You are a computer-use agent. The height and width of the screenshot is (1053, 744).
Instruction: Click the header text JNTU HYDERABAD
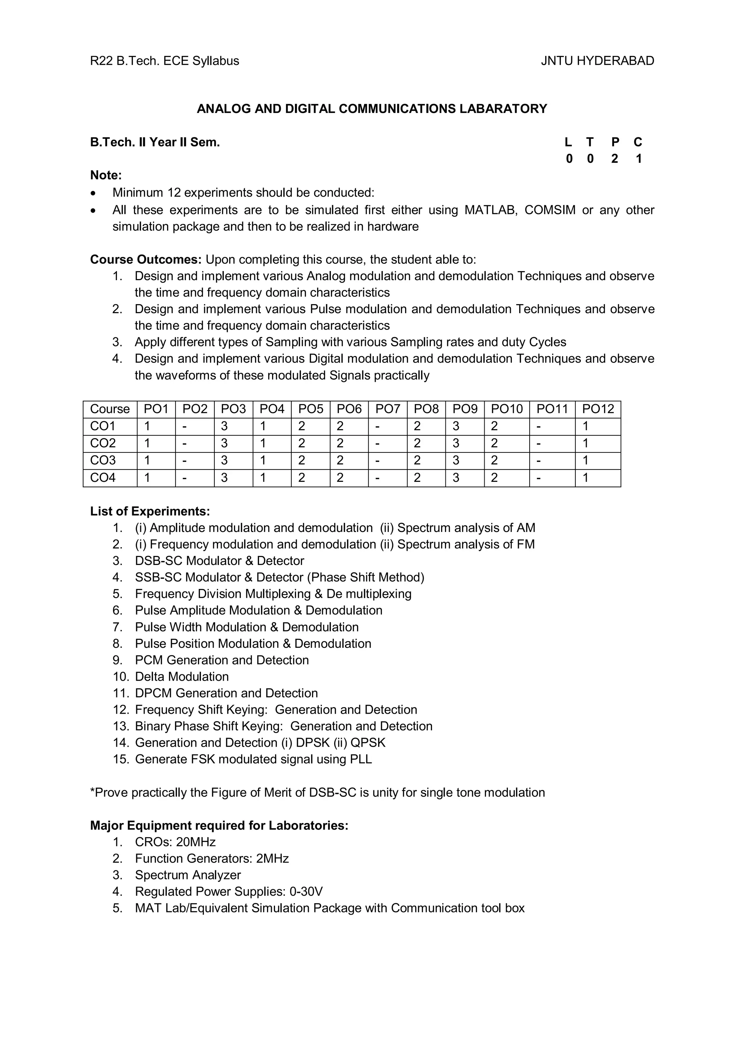point(597,61)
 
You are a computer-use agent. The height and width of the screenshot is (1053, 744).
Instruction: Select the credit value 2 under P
point(614,159)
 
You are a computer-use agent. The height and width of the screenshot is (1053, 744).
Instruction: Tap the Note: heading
point(106,175)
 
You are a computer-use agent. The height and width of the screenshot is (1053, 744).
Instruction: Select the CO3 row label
point(103,460)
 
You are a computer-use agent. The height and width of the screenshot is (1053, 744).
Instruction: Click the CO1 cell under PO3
point(224,427)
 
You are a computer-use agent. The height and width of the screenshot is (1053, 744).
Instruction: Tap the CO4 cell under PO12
point(585,478)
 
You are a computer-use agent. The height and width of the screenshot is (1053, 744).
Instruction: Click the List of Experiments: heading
point(150,511)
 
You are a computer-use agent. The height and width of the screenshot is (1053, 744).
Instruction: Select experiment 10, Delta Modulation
point(182,677)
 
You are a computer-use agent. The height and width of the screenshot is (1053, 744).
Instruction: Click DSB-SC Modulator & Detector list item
point(219,561)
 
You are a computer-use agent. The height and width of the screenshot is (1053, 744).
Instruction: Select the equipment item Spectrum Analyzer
point(187,875)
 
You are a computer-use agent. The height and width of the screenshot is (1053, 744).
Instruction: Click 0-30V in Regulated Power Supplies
point(306,892)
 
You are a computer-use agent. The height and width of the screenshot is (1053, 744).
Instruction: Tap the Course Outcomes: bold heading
point(146,259)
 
